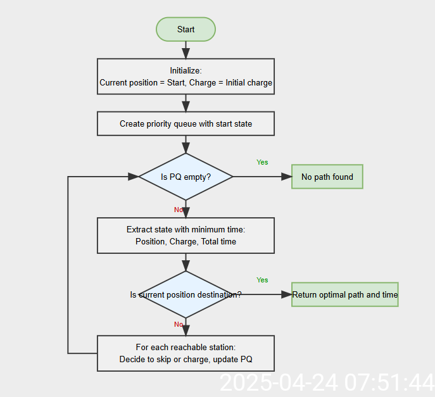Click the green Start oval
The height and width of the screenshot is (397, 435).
point(186,29)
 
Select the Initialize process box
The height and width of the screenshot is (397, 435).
point(186,77)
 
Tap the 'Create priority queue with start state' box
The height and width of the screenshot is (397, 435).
point(186,123)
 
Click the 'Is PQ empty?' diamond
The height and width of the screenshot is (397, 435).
point(186,177)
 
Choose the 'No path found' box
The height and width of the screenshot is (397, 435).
point(327,177)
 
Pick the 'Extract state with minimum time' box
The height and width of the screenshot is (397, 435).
point(186,236)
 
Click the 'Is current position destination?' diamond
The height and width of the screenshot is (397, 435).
point(186,294)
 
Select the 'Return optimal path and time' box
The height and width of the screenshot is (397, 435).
point(344,294)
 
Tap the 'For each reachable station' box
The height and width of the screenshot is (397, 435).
point(186,353)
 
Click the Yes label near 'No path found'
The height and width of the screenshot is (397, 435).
point(262,162)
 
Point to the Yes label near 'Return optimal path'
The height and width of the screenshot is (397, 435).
point(262,280)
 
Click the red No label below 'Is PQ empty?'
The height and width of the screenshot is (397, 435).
point(179,210)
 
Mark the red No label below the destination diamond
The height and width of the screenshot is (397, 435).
point(179,325)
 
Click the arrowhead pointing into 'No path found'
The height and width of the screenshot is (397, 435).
point(286,177)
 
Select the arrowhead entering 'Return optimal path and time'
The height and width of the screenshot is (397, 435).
point(286,294)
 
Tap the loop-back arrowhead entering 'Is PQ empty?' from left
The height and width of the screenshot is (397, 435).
point(134,177)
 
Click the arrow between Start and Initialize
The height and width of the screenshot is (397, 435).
point(186,50)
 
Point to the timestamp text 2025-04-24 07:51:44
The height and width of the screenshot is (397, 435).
point(326,382)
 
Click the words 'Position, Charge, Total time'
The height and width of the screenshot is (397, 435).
point(186,241)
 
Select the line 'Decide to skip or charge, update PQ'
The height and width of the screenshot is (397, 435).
point(186,360)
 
